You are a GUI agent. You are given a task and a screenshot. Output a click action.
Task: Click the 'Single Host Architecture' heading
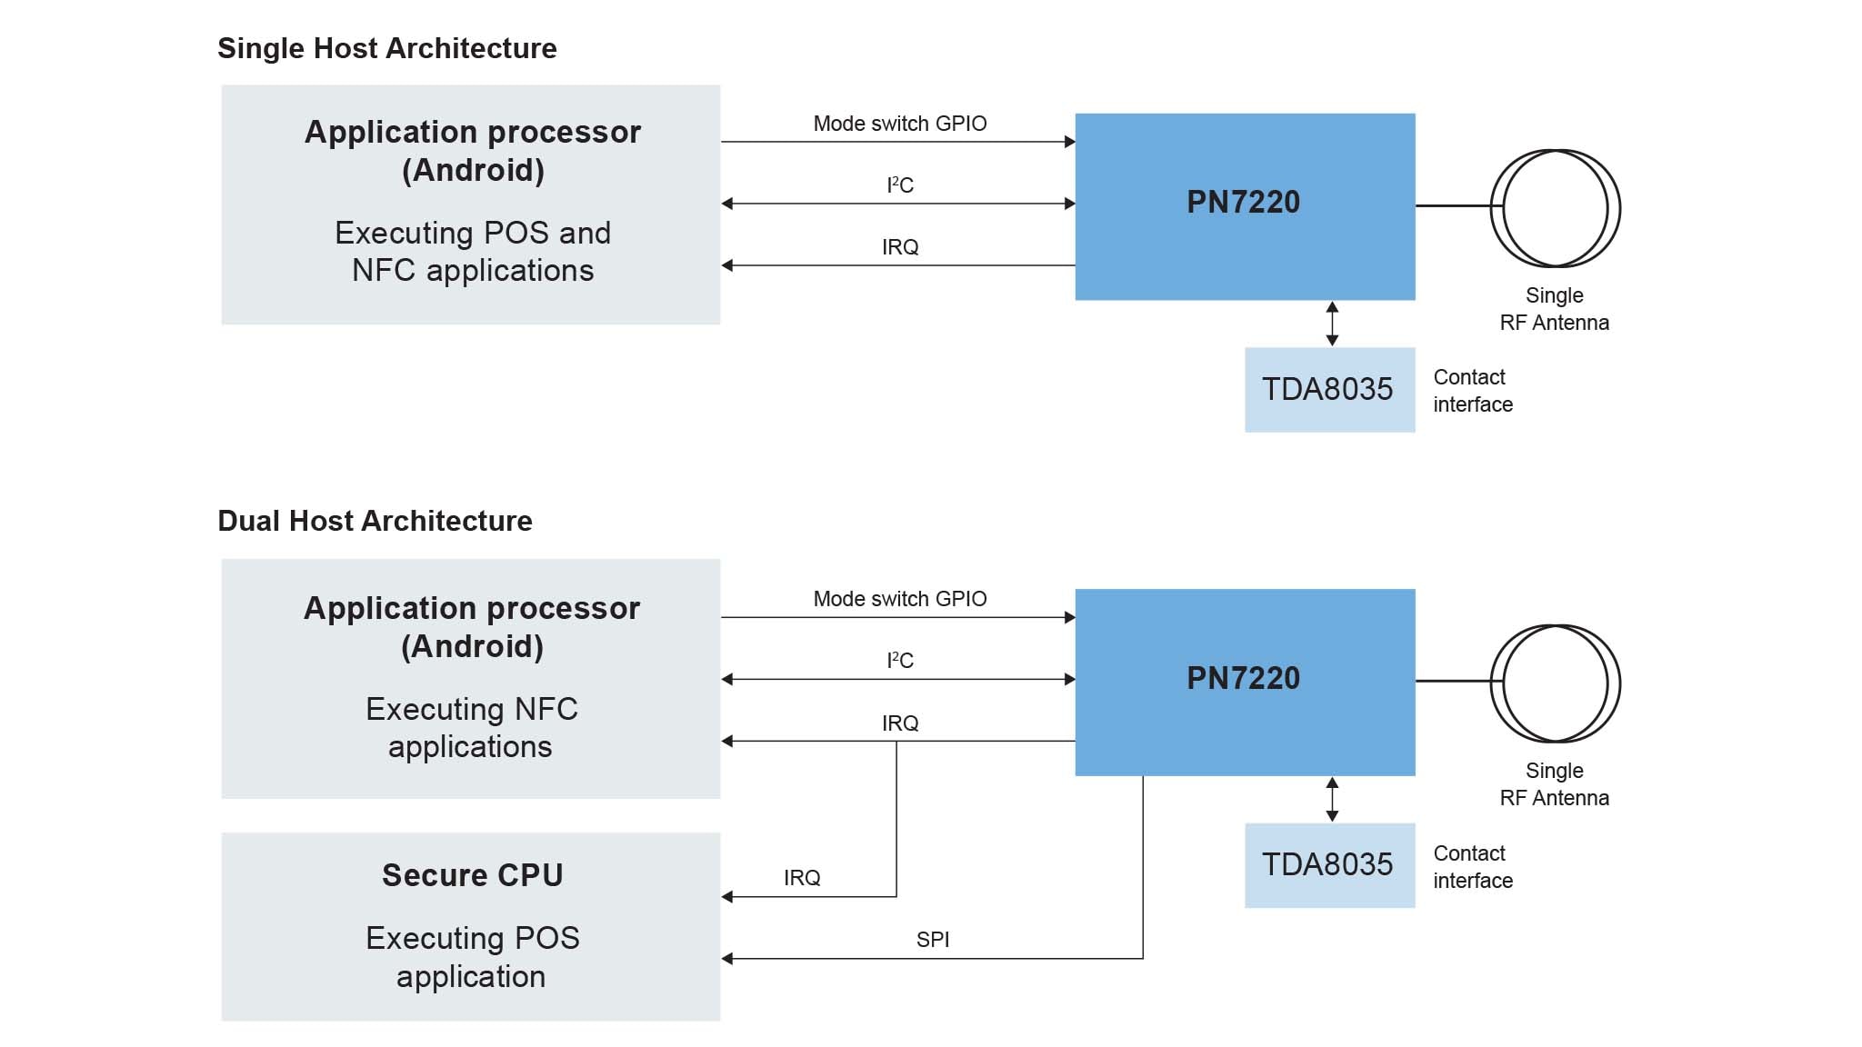tap(386, 48)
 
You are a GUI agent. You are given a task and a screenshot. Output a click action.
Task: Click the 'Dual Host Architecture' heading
tap(375, 521)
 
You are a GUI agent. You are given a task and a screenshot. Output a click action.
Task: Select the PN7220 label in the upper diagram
tap(1243, 202)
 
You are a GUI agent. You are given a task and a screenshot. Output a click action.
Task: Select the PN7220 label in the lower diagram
tap(1243, 678)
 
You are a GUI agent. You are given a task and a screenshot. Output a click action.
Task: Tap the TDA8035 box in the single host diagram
tap(1328, 389)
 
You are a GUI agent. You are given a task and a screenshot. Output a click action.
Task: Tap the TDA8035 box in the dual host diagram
tap(1328, 864)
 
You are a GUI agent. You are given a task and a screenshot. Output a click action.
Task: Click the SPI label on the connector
tap(933, 940)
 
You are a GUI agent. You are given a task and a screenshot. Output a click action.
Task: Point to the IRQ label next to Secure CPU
tap(802, 878)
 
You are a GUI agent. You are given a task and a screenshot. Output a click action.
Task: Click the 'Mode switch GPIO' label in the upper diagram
tap(899, 124)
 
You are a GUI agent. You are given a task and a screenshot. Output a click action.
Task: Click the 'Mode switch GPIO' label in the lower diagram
tap(899, 599)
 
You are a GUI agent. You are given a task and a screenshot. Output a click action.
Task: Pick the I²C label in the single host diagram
tap(899, 185)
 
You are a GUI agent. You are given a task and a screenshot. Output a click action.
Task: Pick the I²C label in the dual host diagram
tap(899, 661)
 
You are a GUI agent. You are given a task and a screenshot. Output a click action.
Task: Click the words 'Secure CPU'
tap(472, 875)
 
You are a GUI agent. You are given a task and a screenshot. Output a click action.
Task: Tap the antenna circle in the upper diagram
tap(1555, 208)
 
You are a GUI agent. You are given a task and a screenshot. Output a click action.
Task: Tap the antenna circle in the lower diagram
tap(1555, 683)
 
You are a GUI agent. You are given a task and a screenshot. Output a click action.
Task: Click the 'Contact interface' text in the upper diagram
tap(1472, 391)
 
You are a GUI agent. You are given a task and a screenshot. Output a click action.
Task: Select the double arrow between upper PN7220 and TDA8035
tap(1332, 324)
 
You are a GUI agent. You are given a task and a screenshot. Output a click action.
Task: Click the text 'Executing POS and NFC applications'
tap(472, 252)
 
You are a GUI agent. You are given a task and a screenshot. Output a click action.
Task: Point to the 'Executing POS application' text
tap(472, 957)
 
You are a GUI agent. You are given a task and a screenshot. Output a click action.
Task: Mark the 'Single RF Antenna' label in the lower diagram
tap(1554, 784)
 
